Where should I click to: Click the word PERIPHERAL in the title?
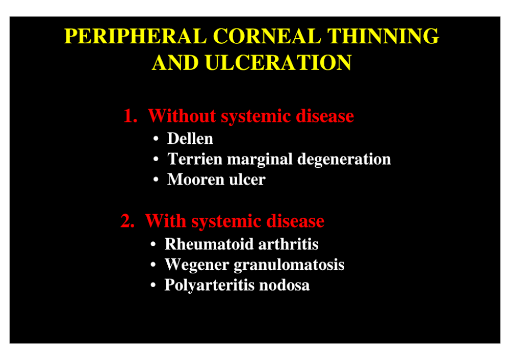(136, 36)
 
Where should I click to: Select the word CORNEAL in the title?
(267, 36)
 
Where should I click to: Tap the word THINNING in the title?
(383, 36)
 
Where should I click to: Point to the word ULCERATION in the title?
(278, 62)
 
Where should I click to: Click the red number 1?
(130, 116)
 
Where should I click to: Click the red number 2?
(127, 221)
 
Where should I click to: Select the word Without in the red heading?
(182, 116)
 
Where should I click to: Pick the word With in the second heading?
(166, 221)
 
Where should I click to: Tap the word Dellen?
(190, 139)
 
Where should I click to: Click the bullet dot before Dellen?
(156, 139)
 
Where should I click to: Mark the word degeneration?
(344, 160)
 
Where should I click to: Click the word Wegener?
(197, 265)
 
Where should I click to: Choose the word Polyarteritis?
(210, 286)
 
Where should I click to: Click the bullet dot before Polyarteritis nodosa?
(153, 285)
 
